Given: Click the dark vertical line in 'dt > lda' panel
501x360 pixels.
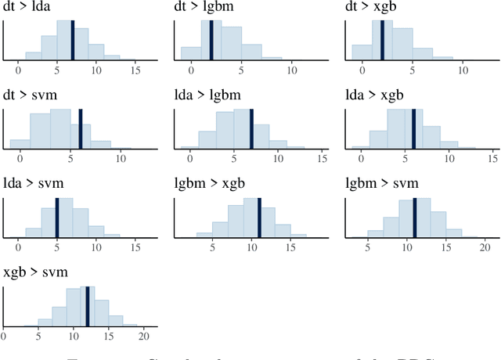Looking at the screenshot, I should [x=73, y=40].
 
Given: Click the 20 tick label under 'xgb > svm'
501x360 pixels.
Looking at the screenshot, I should [x=144, y=337].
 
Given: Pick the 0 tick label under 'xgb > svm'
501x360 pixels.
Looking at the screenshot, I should [x=4, y=337].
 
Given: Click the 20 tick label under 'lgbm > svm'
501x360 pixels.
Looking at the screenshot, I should [x=483, y=248].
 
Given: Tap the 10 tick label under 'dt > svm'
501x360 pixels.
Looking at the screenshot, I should [x=121, y=160].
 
